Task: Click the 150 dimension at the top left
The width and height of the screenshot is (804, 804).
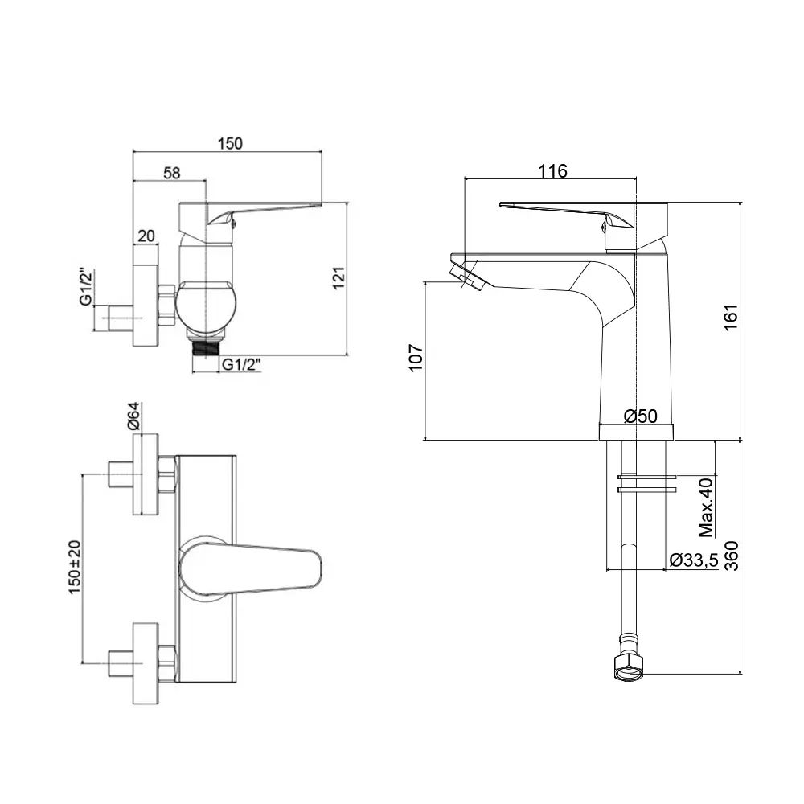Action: tap(230, 144)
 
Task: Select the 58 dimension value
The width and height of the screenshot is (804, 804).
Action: tap(170, 172)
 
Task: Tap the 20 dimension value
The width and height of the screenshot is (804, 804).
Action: tap(146, 236)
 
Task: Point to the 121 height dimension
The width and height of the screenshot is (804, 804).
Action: tap(338, 277)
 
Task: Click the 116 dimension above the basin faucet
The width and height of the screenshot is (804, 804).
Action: tap(553, 170)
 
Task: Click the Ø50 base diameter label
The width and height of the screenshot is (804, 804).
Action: tap(641, 416)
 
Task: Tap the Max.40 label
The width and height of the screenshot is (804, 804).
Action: tap(707, 507)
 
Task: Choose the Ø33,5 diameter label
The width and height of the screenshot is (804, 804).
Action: tap(693, 561)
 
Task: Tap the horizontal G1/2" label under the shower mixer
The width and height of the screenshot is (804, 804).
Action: tap(244, 364)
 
